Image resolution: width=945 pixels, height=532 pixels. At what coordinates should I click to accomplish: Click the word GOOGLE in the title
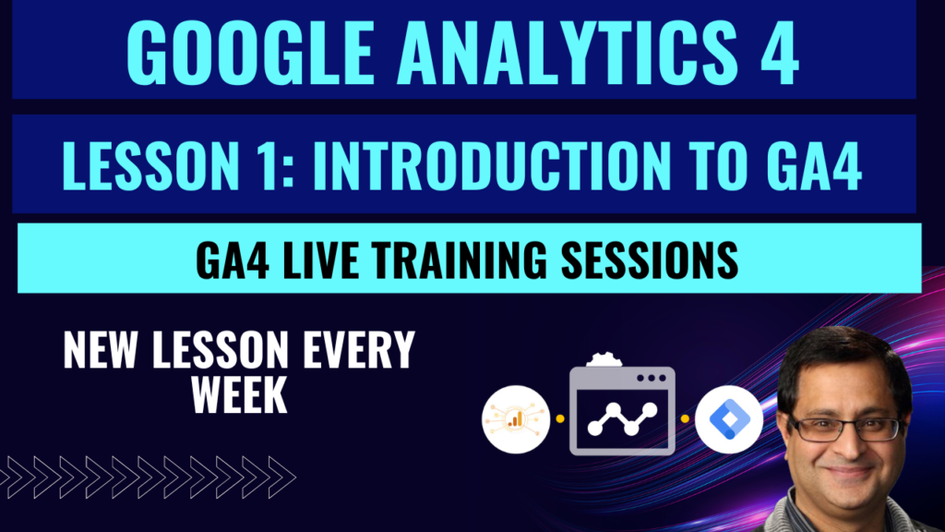pos(250,53)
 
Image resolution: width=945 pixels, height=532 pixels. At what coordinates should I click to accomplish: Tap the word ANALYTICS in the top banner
pos(568,53)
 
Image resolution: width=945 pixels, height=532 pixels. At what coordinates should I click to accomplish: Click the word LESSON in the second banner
pos(150,165)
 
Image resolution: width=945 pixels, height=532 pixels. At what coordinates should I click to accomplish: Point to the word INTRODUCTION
pos(491,165)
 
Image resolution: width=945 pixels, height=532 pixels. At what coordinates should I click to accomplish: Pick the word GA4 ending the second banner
pos(814,165)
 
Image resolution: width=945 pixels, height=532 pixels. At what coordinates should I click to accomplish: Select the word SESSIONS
pos(650,260)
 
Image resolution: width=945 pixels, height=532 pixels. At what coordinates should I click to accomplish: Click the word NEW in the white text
pos(100,350)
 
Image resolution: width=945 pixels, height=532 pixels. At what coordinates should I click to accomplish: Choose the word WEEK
pos(239,394)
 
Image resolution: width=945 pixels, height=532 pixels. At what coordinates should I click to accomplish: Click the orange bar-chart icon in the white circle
pos(515,418)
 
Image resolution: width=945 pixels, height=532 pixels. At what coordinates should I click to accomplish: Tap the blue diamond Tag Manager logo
pos(729,418)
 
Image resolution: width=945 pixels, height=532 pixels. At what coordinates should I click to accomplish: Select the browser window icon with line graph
pos(622,410)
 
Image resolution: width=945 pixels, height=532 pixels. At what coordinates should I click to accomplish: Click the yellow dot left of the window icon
pos(560,418)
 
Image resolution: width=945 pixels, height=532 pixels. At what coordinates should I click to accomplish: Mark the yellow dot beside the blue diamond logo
pos(686,418)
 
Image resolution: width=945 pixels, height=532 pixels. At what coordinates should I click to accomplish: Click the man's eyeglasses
pos(846,429)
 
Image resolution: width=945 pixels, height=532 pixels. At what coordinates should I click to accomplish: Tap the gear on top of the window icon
pos(604,360)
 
